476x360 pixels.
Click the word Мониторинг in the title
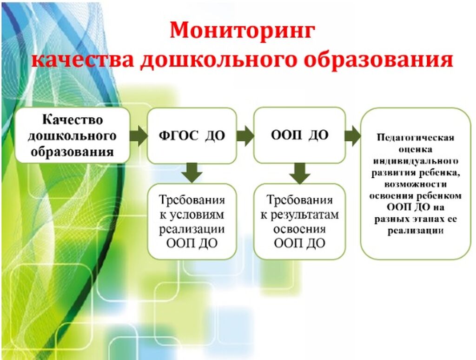point(242,31)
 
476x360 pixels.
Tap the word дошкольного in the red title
point(218,59)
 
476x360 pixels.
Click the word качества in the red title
point(83,59)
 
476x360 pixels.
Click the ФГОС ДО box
point(192,135)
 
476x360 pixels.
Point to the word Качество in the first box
point(73,120)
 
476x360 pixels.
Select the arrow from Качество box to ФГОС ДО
point(139,135)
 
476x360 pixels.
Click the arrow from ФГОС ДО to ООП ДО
point(245,135)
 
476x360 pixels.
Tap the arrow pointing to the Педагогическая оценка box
point(353,135)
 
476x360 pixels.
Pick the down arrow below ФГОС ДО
point(192,173)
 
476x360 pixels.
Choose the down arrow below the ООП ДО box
point(300,173)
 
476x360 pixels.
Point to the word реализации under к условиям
point(192,229)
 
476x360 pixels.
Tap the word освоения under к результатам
point(299,229)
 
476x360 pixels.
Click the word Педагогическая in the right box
point(415,138)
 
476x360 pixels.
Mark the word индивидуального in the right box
point(415,161)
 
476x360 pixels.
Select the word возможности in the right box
point(415,184)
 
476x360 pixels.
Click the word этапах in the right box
point(428,219)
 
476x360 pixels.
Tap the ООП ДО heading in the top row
point(300,135)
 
